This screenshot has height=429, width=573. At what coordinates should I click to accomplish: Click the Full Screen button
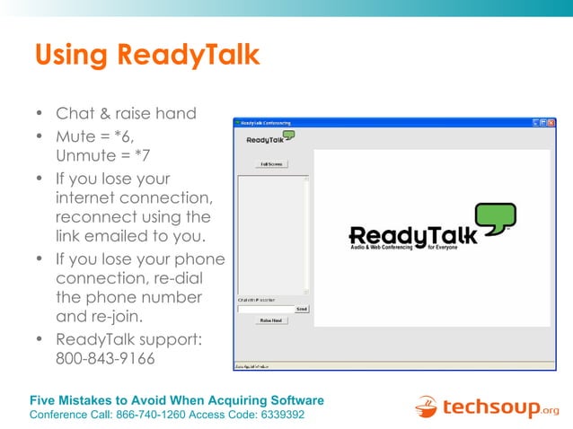(x=270, y=164)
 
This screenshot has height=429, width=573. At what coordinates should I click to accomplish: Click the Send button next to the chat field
(x=302, y=309)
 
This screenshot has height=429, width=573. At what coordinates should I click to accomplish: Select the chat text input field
(x=266, y=309)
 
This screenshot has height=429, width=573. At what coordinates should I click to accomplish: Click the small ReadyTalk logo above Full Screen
(x=269, y=138)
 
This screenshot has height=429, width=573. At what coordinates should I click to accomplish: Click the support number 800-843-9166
(x=105, y=359)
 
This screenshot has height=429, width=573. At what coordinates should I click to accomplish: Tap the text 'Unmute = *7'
(x=102, y=154)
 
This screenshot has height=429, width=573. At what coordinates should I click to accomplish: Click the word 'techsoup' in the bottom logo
(x=491, y=408)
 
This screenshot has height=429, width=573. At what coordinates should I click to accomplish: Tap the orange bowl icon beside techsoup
(x=426, y=406)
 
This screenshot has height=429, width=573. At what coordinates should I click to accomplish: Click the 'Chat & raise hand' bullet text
(x=126, y=114)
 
